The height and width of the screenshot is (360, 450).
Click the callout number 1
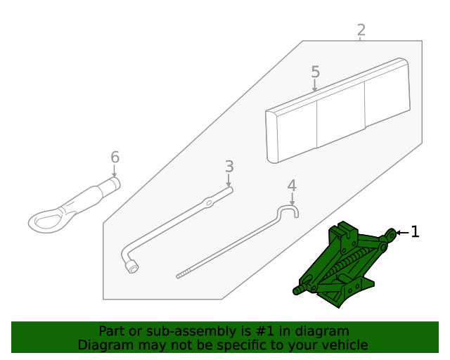pyautogui.click(x=415, y=231)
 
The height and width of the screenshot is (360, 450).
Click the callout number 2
pyautogui.click(x=361, y=30)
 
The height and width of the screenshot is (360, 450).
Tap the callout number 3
pyautogui.click(x=229, y=167)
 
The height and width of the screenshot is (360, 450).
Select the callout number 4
pyautogui.click(x=292, y=186)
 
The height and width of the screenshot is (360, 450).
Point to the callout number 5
pyautogui.click(x=315, y=72)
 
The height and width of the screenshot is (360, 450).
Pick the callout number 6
pyautogui.click(x=115, y=157)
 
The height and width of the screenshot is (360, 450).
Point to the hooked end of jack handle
pyautogui.click(x=290, y=210)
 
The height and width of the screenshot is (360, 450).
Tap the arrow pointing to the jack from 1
pyautogui.click(x=401, y=232)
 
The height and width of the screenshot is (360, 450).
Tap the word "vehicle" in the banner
pyautogui.click(x=344, y=345)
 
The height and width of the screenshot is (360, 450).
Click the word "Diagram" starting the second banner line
pyautogui.click(x=103, y=345)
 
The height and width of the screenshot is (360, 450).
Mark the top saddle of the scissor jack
pyautogui.click(x=344, y=230)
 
